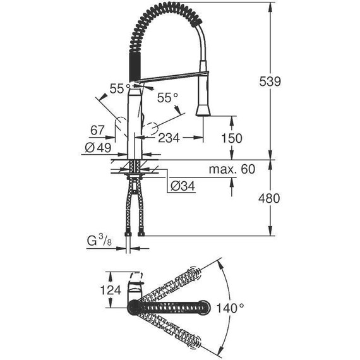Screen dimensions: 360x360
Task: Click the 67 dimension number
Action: tap(97, 130)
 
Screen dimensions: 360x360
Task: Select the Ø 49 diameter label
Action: tap(97, 147)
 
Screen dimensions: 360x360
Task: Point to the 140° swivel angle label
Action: tap(229, 308)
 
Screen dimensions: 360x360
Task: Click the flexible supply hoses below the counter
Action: tap(134, 208)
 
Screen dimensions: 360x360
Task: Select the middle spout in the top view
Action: tap(171, 308)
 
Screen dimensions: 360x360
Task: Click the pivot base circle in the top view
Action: tap(134, 308)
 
